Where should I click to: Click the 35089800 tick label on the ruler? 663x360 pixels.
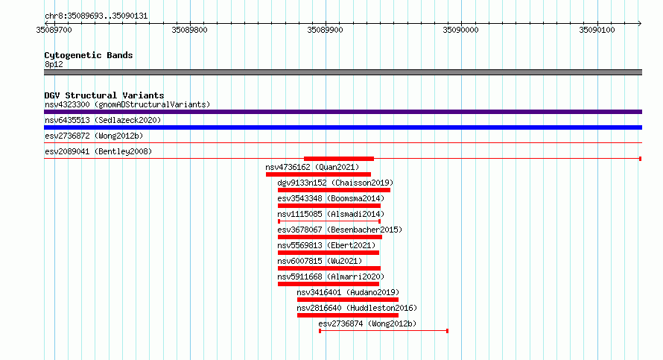[x=189, y=30]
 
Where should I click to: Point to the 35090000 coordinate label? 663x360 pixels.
[x=460, y=30]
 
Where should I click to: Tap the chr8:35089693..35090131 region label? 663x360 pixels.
[x=96, y=16]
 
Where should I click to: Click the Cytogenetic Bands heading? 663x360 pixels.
[x=89, y=55]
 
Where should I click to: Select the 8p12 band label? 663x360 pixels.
[x=54, y=64]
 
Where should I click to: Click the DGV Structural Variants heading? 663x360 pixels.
[x=104, y=95]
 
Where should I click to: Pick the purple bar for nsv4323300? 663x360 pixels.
[x=343, y=112]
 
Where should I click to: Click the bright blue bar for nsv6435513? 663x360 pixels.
[x=343, y=127]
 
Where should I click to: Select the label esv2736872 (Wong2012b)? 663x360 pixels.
[x=94, y=136]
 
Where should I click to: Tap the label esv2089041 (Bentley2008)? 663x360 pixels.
[x=98, y=151]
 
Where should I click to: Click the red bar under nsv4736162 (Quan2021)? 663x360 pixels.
[x=318, y=174]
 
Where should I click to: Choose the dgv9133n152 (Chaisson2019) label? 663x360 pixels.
[x=335, y=183]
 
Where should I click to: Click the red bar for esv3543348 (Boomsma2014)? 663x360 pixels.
[x=329, y=206]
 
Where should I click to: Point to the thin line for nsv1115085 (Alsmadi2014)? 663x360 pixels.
[x=329, y=221]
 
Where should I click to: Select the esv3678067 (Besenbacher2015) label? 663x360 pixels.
[x=340, y=230]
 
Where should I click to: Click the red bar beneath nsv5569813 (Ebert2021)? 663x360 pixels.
[x=328, y=253]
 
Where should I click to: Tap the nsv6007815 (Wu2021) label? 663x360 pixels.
[x=320, y=261]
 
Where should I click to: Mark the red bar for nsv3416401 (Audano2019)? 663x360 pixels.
[x=348, y=300]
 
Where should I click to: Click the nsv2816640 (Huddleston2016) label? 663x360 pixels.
[x=357, y=308]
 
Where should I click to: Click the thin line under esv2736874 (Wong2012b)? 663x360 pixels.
[x=384, y=331]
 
